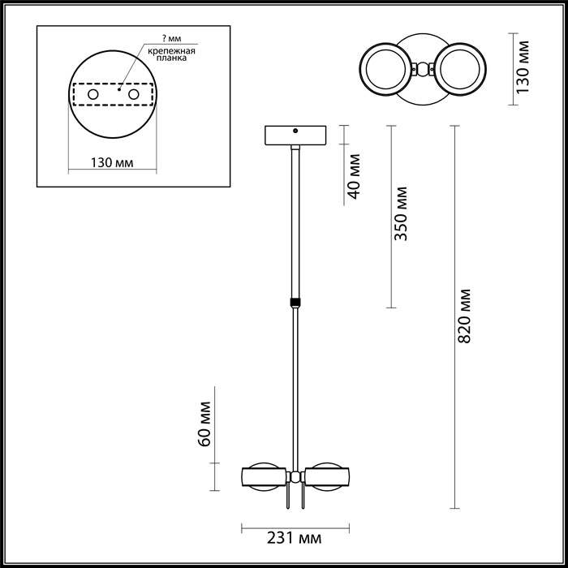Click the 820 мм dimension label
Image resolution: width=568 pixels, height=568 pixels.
(465, 316)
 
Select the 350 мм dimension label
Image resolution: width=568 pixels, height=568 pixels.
(400, 215)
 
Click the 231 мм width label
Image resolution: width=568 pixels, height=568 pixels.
(294, 539)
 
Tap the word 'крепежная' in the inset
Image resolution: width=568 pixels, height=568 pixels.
(170, 50)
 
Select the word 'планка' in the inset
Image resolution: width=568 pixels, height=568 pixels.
(170, 59)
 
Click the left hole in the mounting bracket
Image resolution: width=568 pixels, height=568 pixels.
(93, 96)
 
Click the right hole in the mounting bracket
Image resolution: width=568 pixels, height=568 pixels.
(134, 96)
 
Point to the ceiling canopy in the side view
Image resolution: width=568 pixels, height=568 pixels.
(295, 134)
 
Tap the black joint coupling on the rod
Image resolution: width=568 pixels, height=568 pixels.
(295, 303)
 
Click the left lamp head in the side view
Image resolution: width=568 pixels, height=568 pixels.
(262, 478)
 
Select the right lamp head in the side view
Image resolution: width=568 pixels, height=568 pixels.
(328, 478)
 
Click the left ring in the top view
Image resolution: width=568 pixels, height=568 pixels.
(386, 70)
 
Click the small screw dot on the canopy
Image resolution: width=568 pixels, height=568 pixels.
(295, 130)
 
